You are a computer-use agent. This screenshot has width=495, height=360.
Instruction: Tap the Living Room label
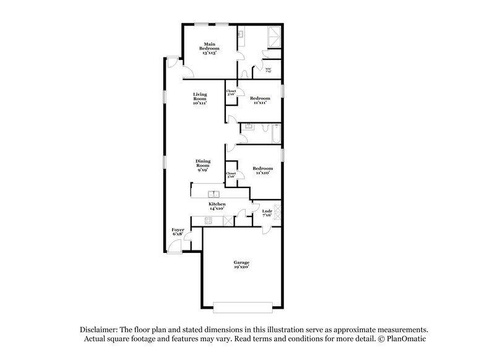(199, 98)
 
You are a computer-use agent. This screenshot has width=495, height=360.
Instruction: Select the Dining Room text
(203, 165)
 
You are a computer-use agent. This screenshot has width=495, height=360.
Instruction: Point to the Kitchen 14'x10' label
(217, 206)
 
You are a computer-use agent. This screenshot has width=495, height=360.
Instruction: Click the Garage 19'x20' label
(241, 265)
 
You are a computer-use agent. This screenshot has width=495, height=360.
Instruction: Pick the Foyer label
(178, 233)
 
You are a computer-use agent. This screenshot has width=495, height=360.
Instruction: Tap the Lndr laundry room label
(267, 213)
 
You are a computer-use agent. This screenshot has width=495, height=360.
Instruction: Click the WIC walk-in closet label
(269, 69)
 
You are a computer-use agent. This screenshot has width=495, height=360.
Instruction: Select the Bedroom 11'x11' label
(260, 100)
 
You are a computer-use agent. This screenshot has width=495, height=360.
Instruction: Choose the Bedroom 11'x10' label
(262, 171)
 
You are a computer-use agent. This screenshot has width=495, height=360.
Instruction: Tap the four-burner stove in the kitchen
(228, 221)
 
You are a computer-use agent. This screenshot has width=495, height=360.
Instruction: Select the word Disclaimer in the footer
(100, 330)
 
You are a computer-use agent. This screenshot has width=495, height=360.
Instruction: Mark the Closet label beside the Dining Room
(231, 174)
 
